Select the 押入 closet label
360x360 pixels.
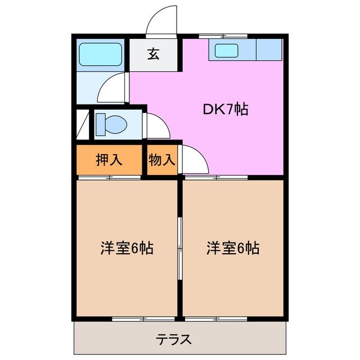click(109, 160)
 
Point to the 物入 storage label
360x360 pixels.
click(162, 160)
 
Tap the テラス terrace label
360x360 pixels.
click(174, 339)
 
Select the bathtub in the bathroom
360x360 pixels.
click(101, 54)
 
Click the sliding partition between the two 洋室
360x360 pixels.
click(180, 247)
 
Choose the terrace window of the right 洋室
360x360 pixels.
click(217, 319)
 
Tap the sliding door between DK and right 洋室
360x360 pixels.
click(217, 178)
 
